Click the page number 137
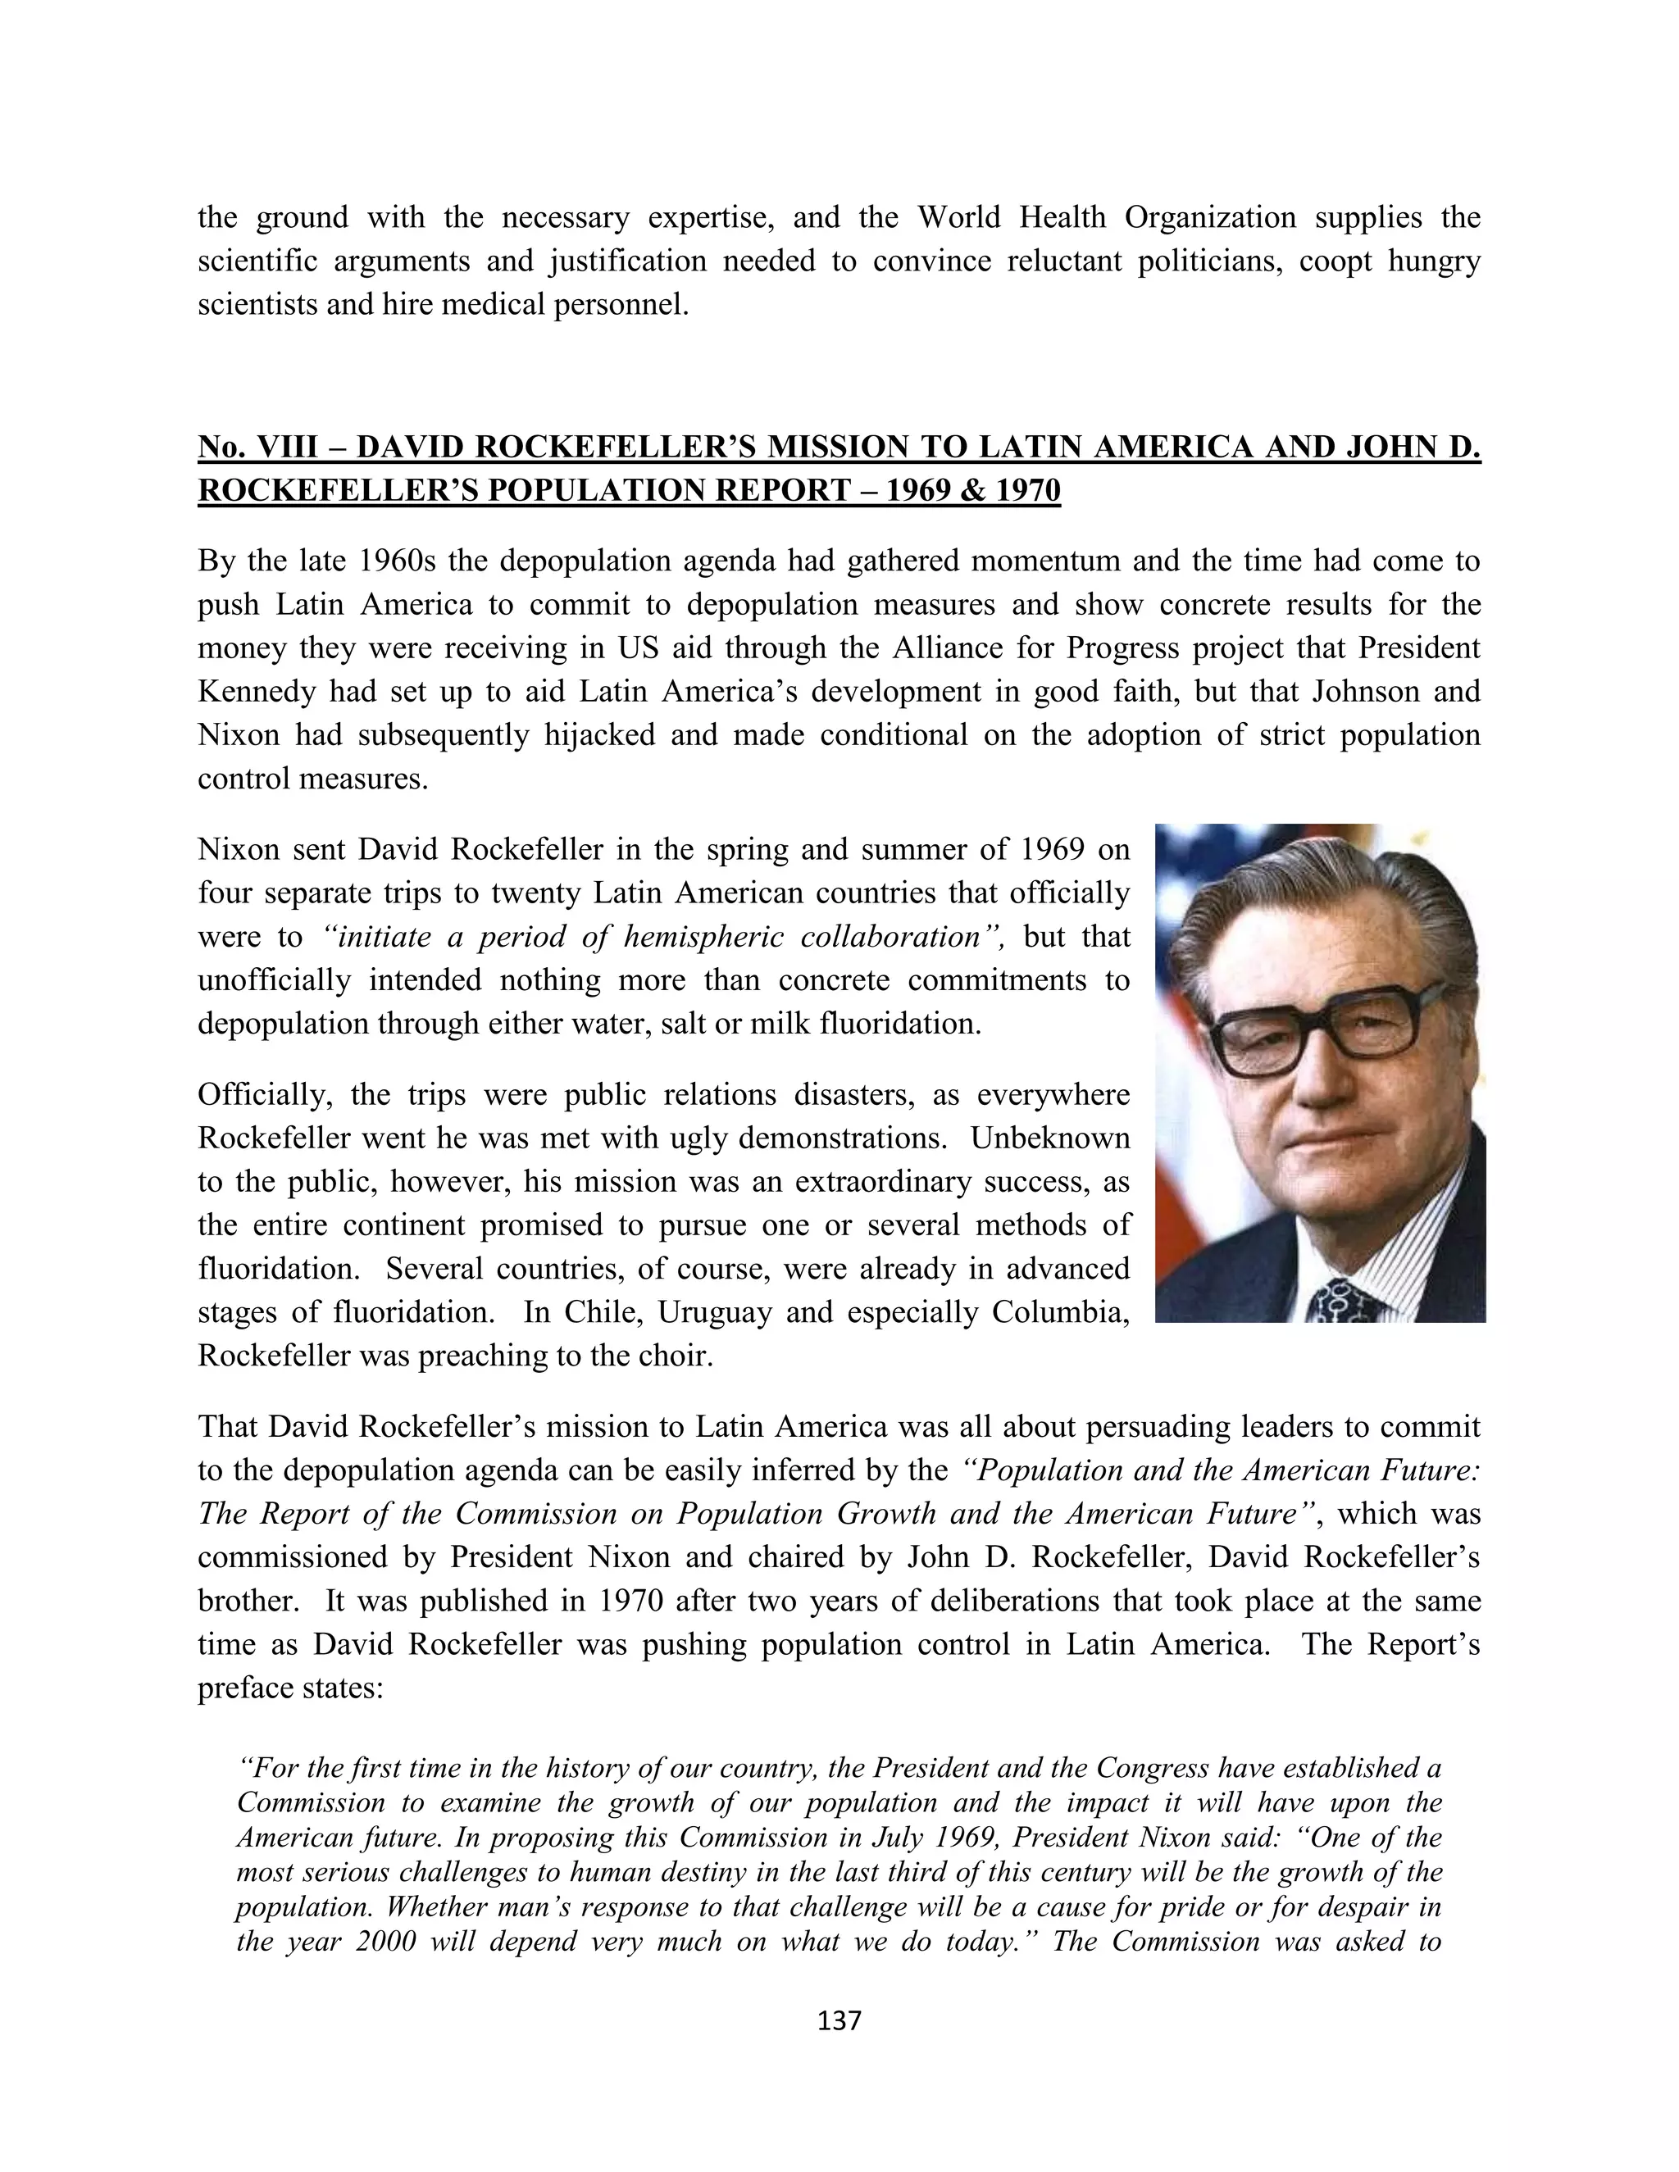pyautogui.click(x=839, y=2020)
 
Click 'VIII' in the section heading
pyautogui.click(x=289, y=448)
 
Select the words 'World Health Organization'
pyautogui.click(x=1106, y=218)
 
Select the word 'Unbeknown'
pyautogui.click(x=1050, y=1138)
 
